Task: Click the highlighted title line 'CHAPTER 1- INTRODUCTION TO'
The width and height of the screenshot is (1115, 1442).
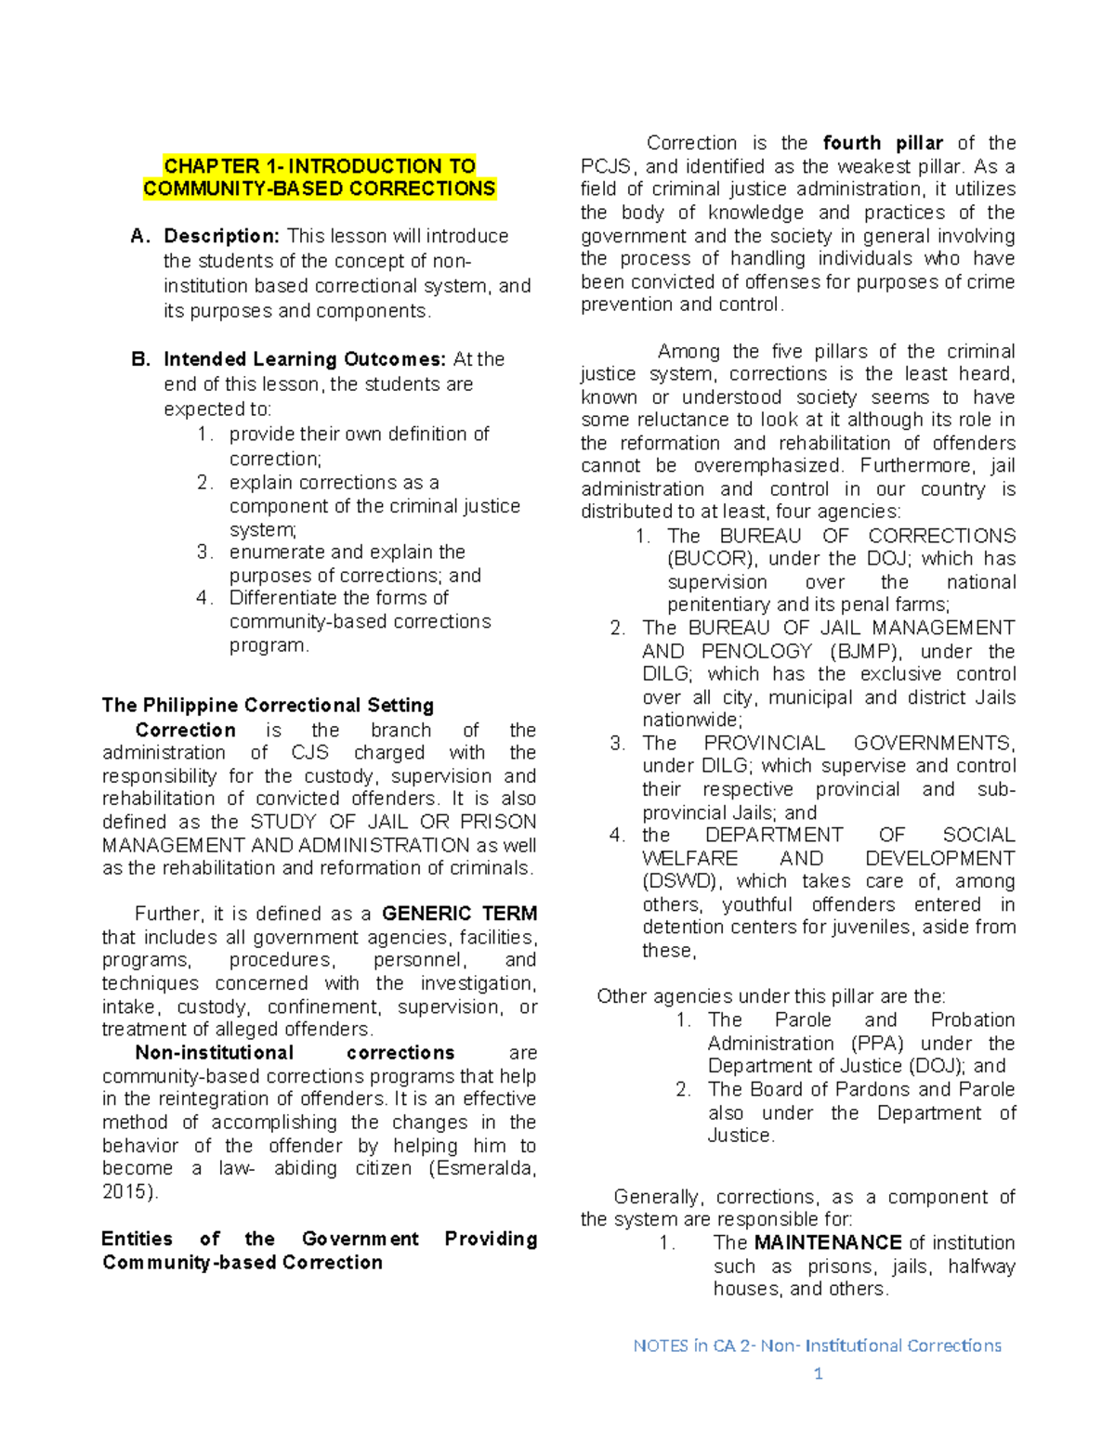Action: click(319, 166)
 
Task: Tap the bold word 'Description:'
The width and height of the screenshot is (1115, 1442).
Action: click(221, 236)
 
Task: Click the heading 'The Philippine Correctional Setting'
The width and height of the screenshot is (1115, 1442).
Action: click(268, 705)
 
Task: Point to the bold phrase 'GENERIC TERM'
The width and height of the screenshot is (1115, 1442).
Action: click(459, 914)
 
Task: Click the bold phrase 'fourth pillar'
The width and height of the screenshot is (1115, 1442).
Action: click(882, 143)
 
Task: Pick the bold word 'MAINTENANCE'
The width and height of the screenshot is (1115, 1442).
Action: click(827, 1242)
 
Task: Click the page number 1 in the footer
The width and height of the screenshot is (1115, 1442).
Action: click(818, 1373)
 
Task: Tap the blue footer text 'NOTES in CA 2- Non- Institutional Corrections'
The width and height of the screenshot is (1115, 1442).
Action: click(817, 1345)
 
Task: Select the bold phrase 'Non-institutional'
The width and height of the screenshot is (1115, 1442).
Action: click(214, 1053)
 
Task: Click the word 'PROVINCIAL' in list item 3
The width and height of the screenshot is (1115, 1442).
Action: click(764, 743)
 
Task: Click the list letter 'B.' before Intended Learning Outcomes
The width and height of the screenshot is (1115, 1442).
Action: click(140, 359)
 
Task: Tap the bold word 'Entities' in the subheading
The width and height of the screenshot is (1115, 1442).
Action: click(137, 1239)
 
